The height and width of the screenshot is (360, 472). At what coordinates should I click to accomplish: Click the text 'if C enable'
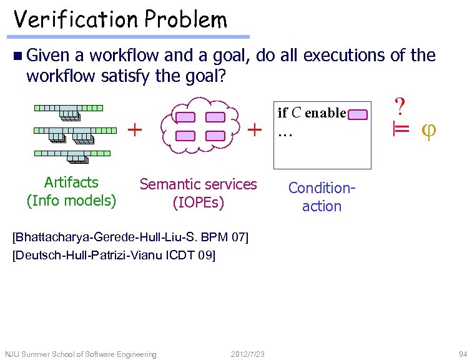coord(312,113)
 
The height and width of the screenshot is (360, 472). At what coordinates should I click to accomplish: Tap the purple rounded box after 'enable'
coord(358,114)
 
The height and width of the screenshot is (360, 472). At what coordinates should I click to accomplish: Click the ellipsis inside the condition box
coord(285,133)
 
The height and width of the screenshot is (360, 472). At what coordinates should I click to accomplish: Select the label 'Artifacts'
coord(71,182)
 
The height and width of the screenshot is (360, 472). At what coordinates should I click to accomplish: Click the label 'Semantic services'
coord(198,184)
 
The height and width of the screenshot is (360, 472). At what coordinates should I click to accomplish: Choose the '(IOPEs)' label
coord(198,202)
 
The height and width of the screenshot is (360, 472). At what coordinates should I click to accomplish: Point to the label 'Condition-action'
coord(322,197)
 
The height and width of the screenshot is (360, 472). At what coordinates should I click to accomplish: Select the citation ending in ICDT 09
coord(114,255)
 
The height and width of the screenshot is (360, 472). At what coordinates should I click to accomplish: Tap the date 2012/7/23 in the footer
coord(247,354)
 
